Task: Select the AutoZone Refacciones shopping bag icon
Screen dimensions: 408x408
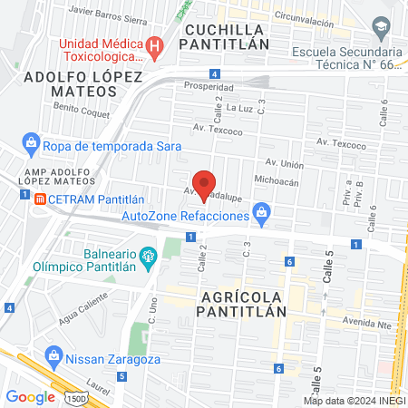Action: [x=263, y=215]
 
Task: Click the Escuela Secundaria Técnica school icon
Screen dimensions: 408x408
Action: [x=384, y=27]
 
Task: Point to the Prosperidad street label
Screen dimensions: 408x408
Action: [x=209, y=87]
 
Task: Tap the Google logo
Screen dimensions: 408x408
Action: [x=30, y=396]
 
